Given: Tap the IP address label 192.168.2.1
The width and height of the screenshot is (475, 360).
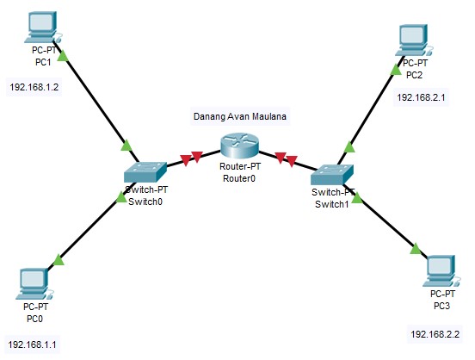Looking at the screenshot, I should [x=422, y=98].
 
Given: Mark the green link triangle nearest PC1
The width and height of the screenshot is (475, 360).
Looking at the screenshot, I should [x=63, y=53].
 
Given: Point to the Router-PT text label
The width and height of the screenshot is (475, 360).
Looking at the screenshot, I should [x=238, y=167].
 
